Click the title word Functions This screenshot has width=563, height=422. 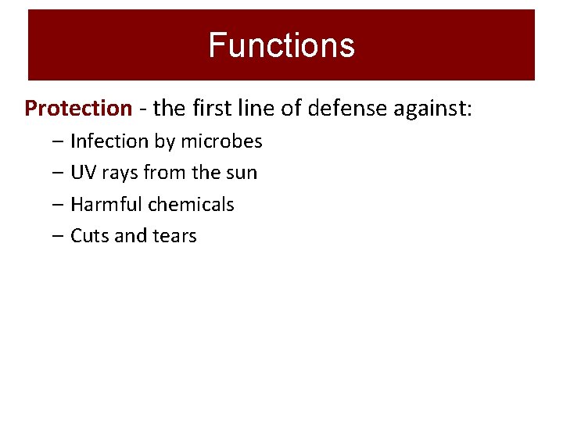(281, 45)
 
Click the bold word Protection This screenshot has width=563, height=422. (78, 108)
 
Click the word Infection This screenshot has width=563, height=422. (109, 141)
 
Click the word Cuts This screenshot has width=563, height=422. (89, 236)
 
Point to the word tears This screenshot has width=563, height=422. (175, 236)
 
